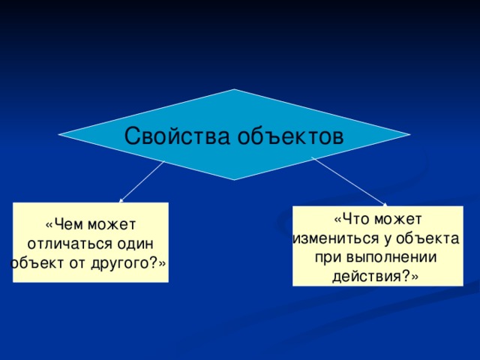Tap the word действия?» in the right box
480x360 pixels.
click(x=377, y=277)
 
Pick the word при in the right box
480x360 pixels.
click(x=327, y=258)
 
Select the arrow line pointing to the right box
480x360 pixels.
click(x=348, y=180)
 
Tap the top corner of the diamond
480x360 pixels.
click(x=234, y=90)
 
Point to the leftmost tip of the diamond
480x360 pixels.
click(x=58, y=136)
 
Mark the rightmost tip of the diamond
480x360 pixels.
click(x=410, y=136)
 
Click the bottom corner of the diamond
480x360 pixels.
click(x=234, y=180)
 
